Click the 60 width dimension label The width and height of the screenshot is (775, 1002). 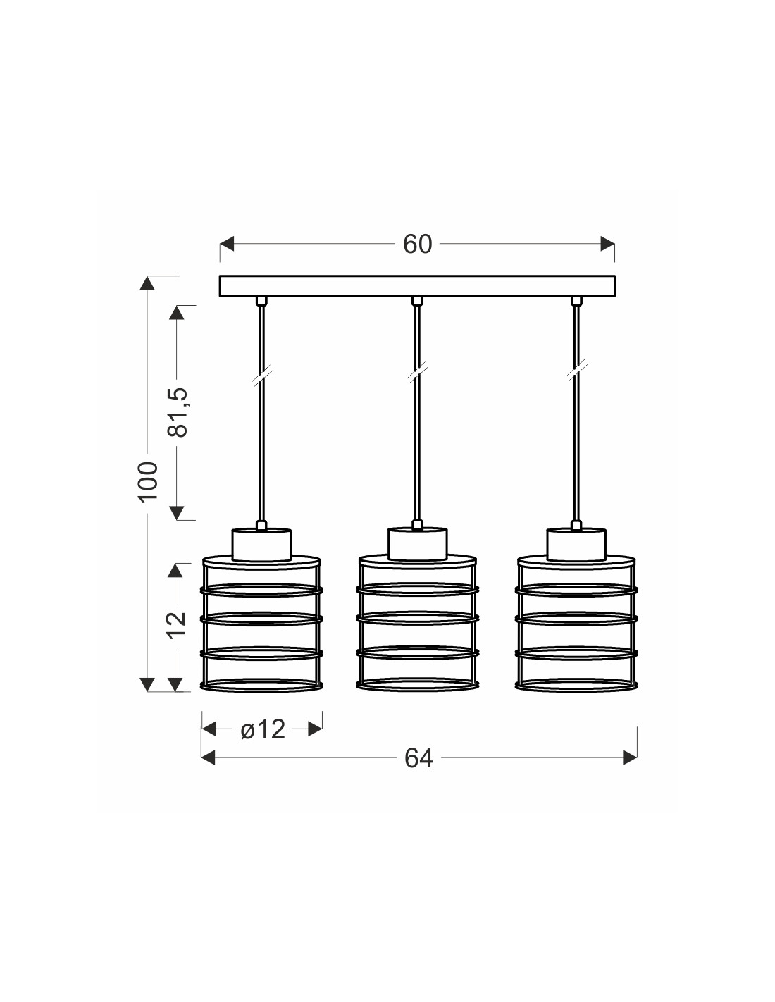pyautogui.click(x=417, y=244)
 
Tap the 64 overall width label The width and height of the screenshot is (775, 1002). pyautogui.click(x=418, y=757)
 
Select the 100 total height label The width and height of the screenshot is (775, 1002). pyautogui.click(x=148, y=481)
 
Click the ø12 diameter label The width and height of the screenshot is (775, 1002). pyautogui.click(x=263, y=729)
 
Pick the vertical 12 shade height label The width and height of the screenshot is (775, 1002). pyautogui.click(x=178, y=625)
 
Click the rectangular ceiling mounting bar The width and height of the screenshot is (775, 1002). pyautogui.click(x=417, y=286)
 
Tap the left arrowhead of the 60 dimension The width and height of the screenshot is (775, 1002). pyautogui.click(x=227, y=244)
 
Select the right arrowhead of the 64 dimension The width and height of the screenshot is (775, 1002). pyautogui.click(x=630, y=757)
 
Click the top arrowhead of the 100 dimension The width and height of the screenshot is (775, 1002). pyautogui.click(x=147, y=283)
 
